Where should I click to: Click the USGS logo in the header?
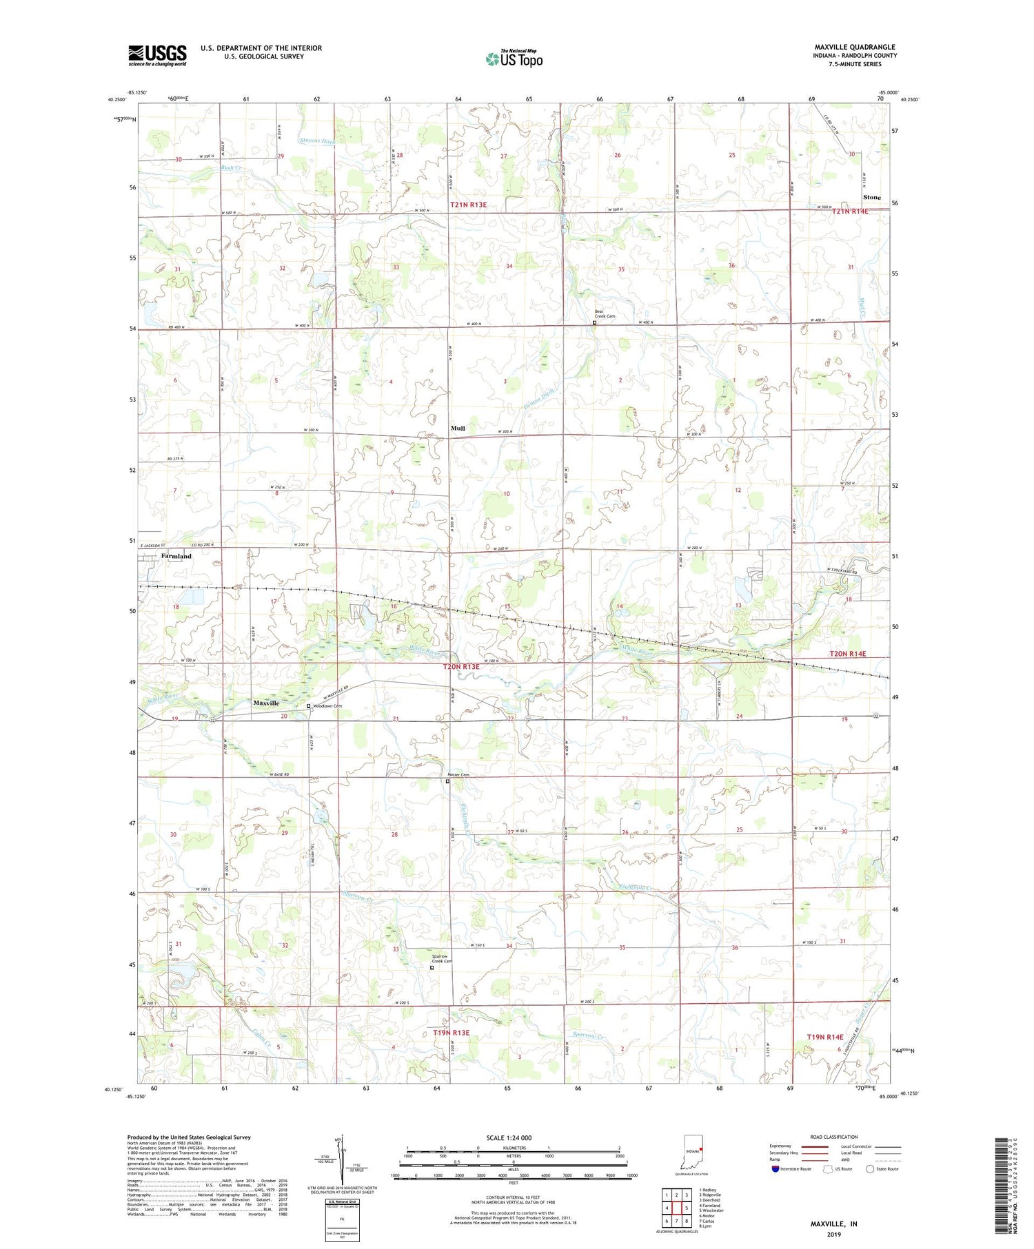pos(157,55)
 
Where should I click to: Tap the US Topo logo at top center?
pos(514,59)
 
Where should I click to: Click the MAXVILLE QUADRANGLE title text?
pos(854,47)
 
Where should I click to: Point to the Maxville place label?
pos(266,703)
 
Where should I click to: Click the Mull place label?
pos(458,429)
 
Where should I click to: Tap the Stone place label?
pos(871,197)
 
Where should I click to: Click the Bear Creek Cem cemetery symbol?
pos(594,322)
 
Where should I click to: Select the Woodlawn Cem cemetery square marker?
pos(308,706)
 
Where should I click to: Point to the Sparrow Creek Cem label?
pos(442,958)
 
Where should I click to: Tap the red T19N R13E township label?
pos(451,1033)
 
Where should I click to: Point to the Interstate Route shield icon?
pos(775,1169)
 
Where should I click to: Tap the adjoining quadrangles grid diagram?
pos(676,1208)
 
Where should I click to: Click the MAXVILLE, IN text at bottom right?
pos(833,1224)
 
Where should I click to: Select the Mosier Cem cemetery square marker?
pos(447,781)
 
